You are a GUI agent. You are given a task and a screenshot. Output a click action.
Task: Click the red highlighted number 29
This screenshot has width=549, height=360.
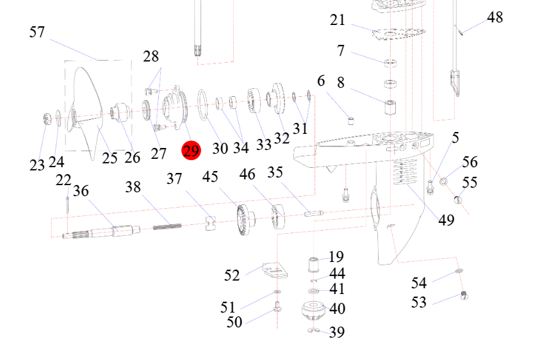[x=191, y=151]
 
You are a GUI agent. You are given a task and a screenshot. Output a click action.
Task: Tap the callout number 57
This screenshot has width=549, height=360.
[x=37, y=32]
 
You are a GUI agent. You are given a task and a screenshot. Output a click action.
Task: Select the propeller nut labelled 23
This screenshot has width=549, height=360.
[x=47, y=119]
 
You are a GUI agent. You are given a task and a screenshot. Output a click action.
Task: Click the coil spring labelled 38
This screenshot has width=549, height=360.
[x=167, y=227]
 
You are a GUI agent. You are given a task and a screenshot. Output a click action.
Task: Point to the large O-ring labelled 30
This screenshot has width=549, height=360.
[x=202, y=104]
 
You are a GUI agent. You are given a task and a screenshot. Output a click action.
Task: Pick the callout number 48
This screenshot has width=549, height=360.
[x=495, y=17]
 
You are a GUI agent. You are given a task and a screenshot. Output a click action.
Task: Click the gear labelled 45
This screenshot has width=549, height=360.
[x=246, y=220]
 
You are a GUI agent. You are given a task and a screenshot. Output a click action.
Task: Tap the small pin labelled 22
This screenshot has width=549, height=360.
[x=67, y=204]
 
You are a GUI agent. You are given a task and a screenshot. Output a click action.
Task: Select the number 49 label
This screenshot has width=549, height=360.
[x=447, y=220]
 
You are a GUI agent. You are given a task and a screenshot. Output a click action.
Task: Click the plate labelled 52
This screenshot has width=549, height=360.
[x=275, y=271]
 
